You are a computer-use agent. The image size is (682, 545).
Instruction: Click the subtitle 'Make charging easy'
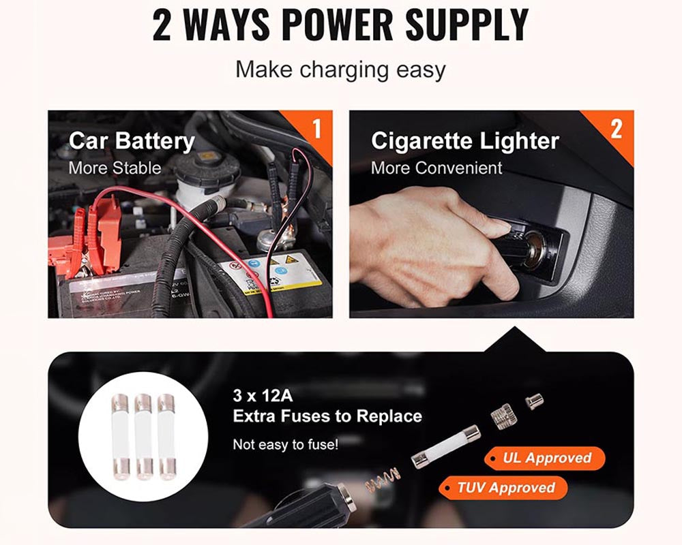[x=340, y=69]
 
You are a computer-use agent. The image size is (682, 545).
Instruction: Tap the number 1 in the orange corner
[x=317, y=128]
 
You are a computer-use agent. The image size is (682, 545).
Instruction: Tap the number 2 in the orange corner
[x=617, y=129]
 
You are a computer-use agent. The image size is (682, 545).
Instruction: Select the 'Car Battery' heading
[x=132, y=142]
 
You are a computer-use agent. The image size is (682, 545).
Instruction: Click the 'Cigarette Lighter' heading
[x=465, y=141]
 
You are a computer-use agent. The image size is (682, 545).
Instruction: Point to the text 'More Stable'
[x=115, y=168]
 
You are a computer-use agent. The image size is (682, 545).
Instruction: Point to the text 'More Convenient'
[x=436, y=168]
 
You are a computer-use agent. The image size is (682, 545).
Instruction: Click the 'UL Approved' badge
[x=544, y=458]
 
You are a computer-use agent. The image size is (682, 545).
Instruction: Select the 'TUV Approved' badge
[x=503, y=488]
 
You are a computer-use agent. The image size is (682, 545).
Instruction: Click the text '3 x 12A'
[x=263, y=396]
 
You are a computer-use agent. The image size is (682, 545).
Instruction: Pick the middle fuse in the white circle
[x=143, y=437]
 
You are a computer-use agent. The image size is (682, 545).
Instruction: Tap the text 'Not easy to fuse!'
[x=285, y=445]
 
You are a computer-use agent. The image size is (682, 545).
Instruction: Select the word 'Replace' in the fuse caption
[x=389, y=416]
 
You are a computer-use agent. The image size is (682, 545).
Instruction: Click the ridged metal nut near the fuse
[x=503, y=415]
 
